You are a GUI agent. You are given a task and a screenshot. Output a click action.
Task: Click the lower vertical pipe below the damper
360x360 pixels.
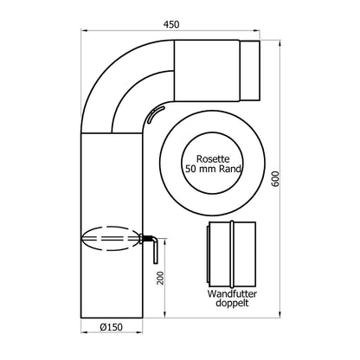tap(112, 286)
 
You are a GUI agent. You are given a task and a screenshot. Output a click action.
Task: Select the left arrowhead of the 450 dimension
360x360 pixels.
tap(83, 33)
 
